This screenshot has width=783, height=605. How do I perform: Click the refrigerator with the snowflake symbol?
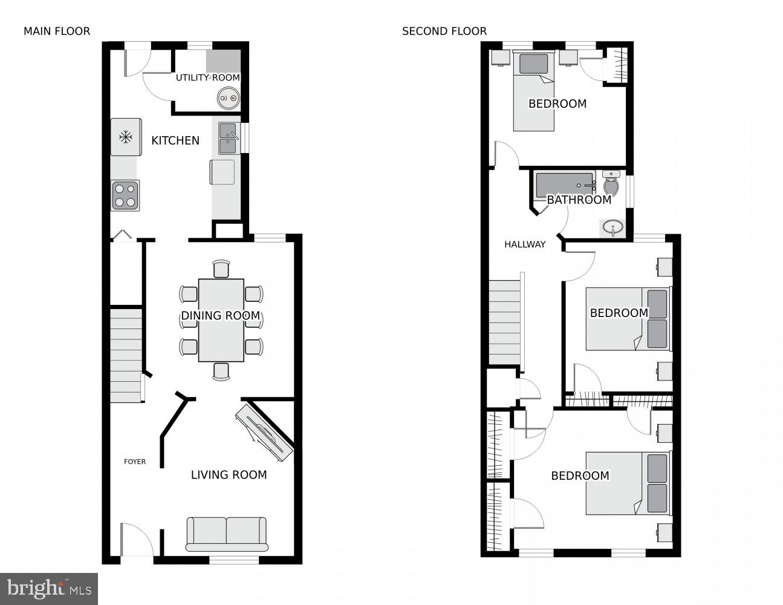126,137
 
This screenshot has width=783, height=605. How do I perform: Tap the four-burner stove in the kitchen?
125,195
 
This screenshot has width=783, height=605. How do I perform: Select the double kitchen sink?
228,138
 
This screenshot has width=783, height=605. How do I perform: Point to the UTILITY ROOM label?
207,77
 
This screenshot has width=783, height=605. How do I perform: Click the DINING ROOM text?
220,315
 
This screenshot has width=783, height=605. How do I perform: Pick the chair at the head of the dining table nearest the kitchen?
221,269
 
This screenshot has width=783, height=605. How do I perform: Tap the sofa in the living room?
226,534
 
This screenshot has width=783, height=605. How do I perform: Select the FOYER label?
135,462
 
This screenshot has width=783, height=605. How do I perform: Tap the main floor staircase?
126,355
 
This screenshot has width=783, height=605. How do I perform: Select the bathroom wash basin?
613,229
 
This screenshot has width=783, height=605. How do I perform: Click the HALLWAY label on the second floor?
525,244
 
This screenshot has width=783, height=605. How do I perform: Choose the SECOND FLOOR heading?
444,31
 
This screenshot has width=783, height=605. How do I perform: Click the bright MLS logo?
49,588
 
